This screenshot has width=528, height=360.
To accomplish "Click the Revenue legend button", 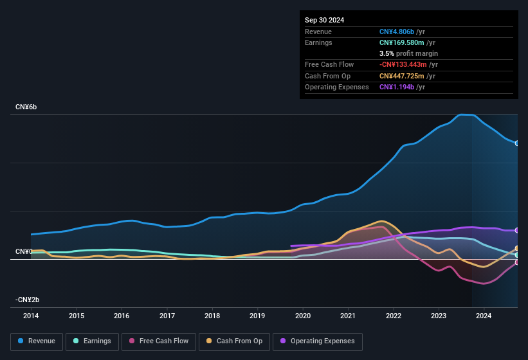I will (37, 341).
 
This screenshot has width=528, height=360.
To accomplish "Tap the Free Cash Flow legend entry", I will (159, 341).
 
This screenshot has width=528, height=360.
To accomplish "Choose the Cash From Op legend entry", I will (234, 341).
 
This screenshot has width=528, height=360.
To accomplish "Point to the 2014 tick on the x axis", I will (31, 316).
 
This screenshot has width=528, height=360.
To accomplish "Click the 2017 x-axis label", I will (167, 316).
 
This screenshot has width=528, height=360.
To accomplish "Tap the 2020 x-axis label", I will (303, 316).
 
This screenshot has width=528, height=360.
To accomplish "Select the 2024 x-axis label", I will (484, 316).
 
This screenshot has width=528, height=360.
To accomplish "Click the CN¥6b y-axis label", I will (26, 107).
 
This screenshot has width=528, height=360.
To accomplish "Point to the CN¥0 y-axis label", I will (24, 251).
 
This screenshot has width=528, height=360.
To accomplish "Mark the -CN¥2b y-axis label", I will (28, 300).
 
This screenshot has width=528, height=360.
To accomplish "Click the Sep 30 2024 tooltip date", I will (324, 20).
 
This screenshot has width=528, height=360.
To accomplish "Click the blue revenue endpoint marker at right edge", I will (517, 143).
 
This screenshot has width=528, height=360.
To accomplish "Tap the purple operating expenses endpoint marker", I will (517, 230).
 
